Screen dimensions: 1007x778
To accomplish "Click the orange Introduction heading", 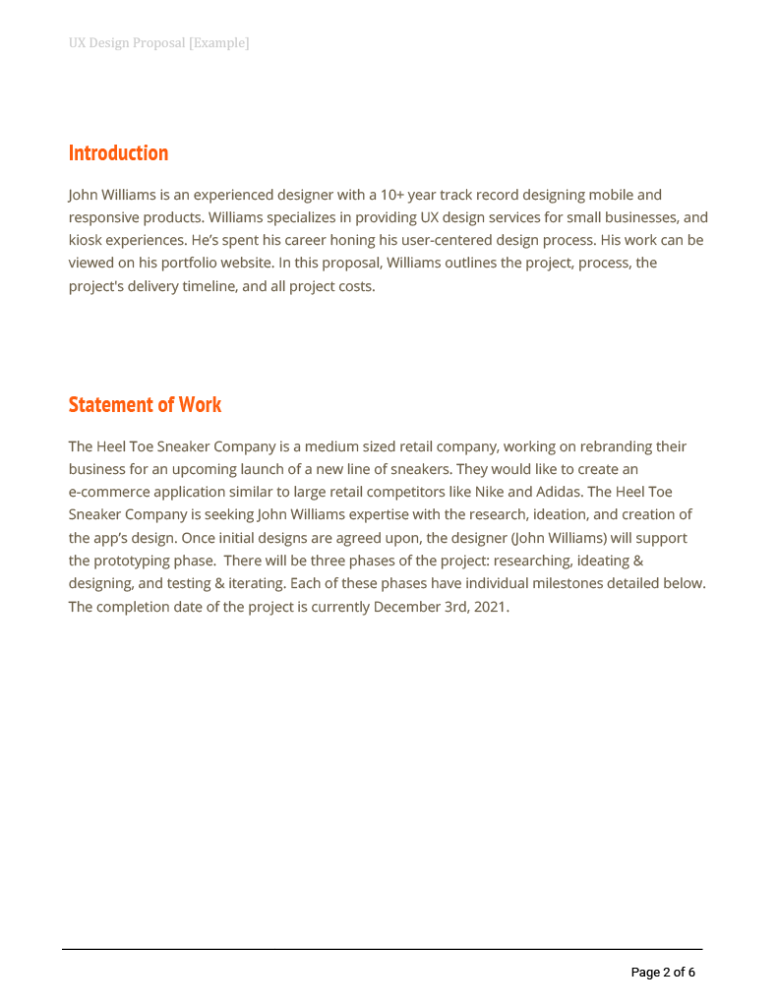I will (x=118, y=152).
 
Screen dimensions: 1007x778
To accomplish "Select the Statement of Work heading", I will (x=145, y=404).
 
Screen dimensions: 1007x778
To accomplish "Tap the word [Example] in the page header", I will (x=218, y=43).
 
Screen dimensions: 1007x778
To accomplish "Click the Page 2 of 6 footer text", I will (x=663, y=973).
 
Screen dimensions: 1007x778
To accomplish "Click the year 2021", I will (x=489, y=606).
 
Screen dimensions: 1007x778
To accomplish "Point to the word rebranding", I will (x=616, y=446).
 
